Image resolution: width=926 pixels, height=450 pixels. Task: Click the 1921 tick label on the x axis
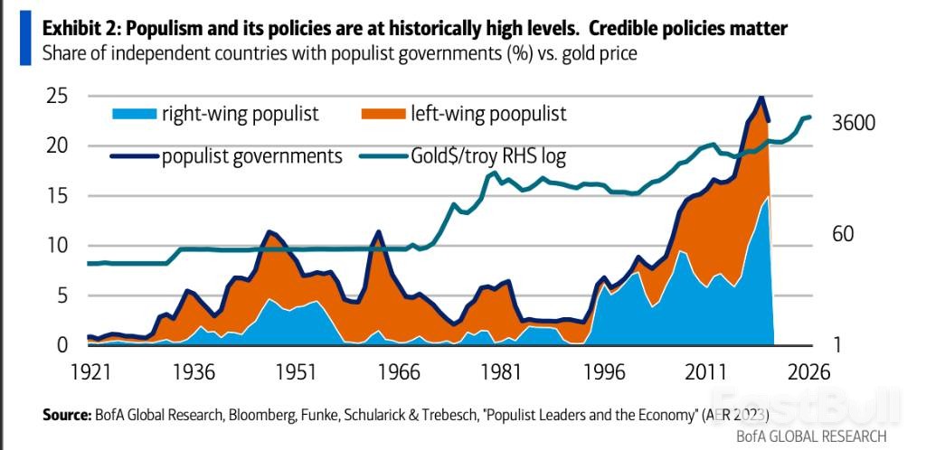91,371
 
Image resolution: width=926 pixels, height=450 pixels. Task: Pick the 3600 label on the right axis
854,123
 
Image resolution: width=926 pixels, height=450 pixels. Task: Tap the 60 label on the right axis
842,235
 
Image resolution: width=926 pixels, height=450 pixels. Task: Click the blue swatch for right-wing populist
134,115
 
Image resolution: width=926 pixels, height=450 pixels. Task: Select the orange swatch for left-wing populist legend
383,115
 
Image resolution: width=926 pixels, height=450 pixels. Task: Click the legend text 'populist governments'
252,156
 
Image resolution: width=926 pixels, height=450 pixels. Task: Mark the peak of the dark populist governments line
761,97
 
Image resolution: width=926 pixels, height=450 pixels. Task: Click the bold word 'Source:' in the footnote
66,416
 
